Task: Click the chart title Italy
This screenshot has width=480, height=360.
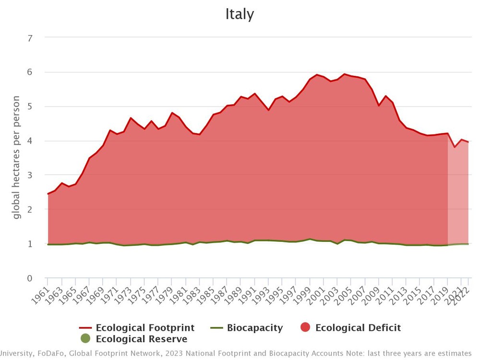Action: pos(240,14)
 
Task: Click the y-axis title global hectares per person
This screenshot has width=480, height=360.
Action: pos(17,157)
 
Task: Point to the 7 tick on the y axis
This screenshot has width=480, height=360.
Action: pos(30,38)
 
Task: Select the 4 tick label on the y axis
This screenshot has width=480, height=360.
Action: pos(30,141)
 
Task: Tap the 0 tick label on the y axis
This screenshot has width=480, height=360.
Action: pos(30,278)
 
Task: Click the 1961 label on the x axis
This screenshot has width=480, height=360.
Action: pos(42,291)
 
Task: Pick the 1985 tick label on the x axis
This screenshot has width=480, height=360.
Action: pos(207,291)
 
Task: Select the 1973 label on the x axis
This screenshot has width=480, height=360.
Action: pos(125,291)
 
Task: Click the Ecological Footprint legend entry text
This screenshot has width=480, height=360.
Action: pos(145,328)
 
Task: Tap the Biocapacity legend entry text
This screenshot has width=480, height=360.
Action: pos(255,328)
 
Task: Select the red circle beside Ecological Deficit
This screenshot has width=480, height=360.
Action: pos(305,328)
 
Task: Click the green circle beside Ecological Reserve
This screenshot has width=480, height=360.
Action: pos(85,339)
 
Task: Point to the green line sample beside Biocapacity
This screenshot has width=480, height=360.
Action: pos(217,328)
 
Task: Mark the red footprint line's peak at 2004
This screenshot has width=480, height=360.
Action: pos(344,74)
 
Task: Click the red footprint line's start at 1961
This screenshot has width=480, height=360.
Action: pos(48,194)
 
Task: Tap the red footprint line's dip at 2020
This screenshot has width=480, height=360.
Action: pos(455,147)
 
